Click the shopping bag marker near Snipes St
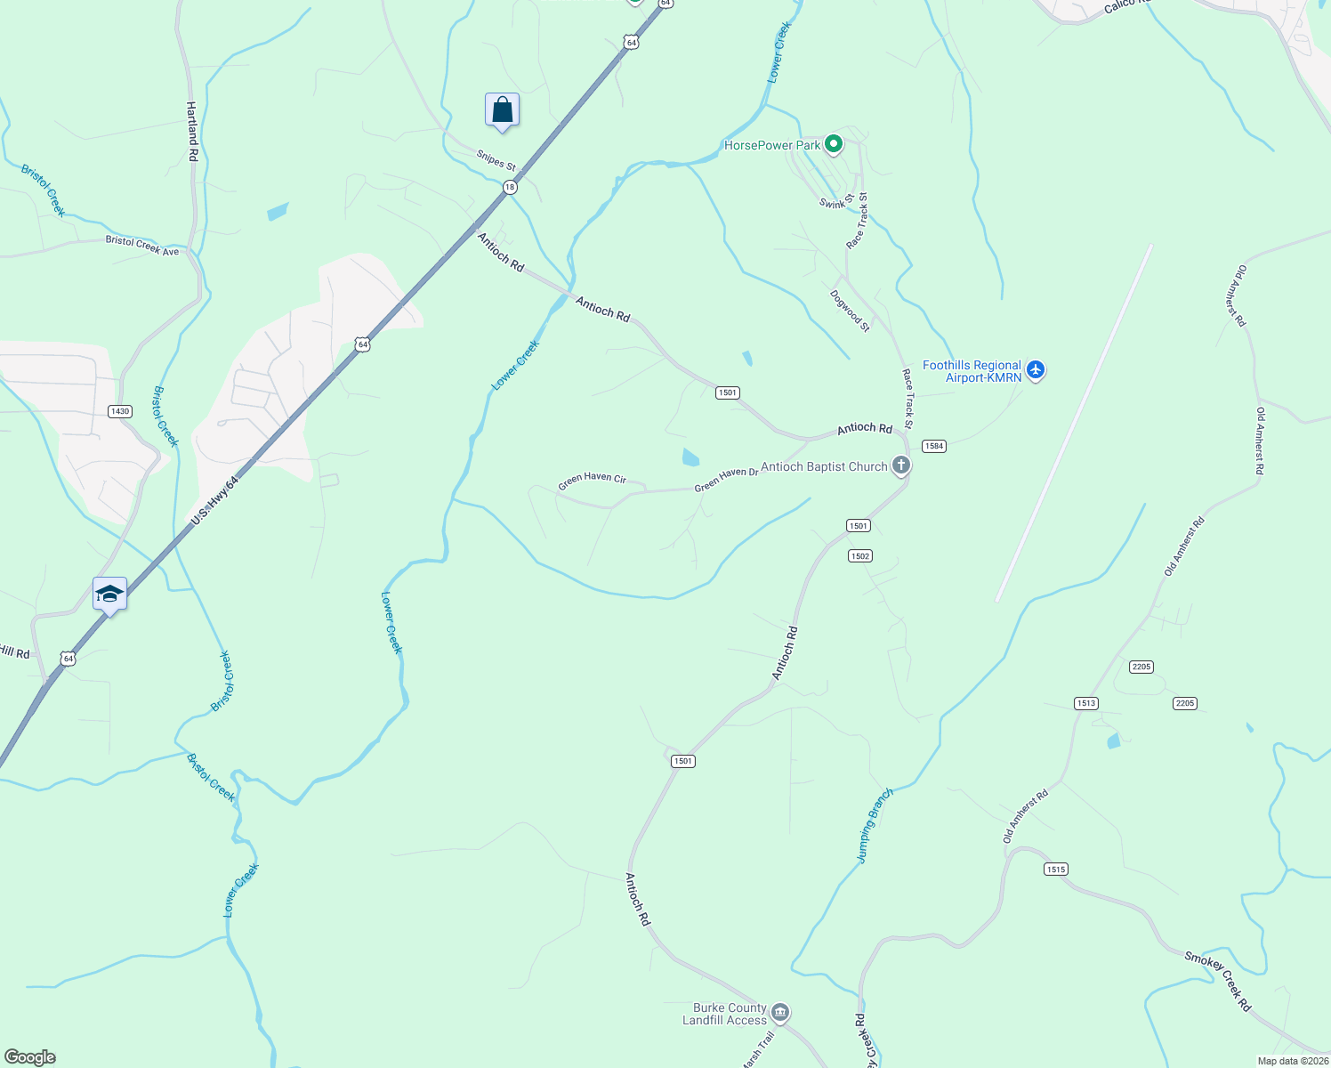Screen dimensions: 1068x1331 [502, 110]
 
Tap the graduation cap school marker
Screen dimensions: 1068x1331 [109, 594]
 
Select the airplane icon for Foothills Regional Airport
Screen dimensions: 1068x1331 [1035, 368]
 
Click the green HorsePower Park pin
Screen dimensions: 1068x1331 [833, 144]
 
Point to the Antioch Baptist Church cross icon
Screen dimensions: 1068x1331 [901, 465]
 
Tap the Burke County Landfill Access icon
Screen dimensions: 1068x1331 [780, 1012]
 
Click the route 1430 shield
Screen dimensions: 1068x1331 [120, 411]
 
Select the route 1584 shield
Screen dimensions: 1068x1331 [933, 446]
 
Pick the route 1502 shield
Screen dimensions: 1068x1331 [859, 556]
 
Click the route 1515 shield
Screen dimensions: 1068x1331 [1056, 870]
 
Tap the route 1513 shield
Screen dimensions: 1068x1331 [1085, 703]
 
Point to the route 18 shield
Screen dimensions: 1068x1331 [509, 187]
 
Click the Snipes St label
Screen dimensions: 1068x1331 [496, 159]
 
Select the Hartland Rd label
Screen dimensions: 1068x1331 [192, 131]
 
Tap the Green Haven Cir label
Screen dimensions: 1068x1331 [592, 481]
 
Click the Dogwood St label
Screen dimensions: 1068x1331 [850, 311]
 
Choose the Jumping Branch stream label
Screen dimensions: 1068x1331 [874, 826]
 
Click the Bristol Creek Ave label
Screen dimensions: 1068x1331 [142, 246]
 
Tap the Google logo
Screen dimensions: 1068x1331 [29, 1057]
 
